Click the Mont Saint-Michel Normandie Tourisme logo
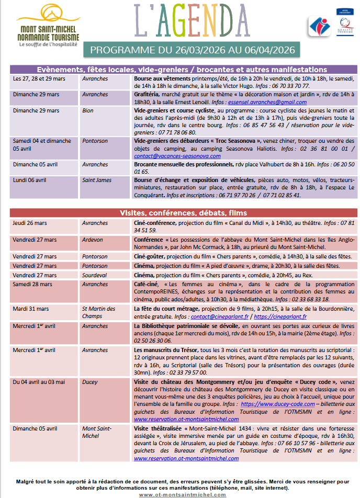pos(48,27)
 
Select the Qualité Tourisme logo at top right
pos(344,25)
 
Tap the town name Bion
pos(87,111)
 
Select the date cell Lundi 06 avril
pos(29,180)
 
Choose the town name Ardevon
pos(93,240)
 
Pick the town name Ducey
pos(89,382)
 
